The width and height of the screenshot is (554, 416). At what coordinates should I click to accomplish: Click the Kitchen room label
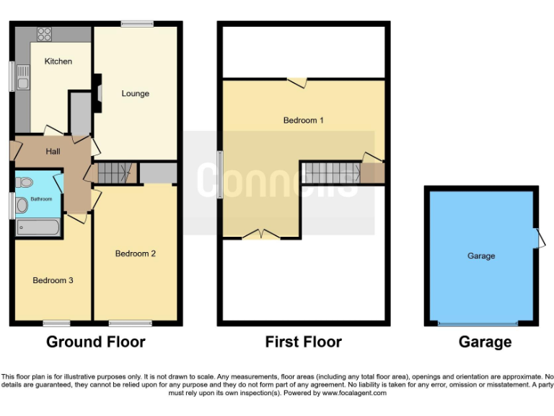(x=58, y=61)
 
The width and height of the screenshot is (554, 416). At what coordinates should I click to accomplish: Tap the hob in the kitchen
(x=44, y=33)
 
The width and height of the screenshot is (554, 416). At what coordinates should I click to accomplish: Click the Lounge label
(x=135, y=93)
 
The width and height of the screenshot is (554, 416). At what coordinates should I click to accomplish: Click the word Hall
(x=53, y=152)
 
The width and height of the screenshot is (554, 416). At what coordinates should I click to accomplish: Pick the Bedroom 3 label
(x=53, y=280)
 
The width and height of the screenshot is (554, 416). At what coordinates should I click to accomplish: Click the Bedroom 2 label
(x=136, y=253)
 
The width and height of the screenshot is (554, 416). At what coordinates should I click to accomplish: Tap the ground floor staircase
(x=116, y=173)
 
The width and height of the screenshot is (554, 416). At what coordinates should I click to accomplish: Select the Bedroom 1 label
(x=303, y=120)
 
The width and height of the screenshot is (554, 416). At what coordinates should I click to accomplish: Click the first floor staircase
(x=330, y=173)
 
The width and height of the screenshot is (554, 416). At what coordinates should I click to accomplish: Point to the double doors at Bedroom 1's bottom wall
(x=262, y=233)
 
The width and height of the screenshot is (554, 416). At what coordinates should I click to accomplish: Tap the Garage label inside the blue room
(x=481, y=256)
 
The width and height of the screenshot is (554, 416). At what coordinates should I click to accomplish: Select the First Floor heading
(x=303, y=342)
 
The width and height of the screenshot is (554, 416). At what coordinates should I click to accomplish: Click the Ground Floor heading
(x=95, y=342)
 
